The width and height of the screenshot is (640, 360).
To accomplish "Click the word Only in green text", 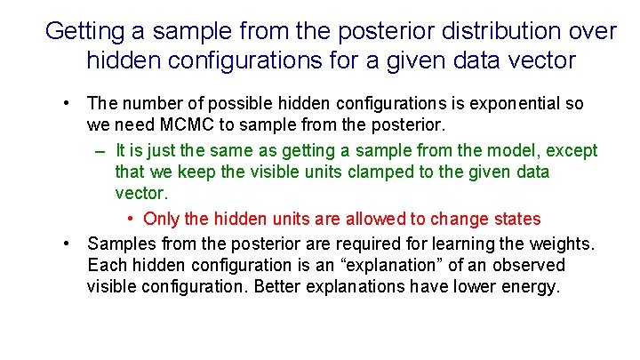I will tap(161, 219).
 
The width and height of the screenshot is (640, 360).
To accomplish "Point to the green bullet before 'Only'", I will tap(131, 220).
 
